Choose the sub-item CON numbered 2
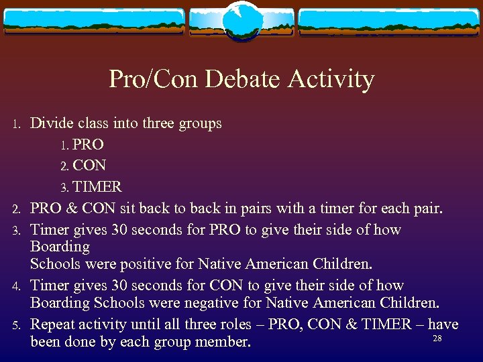(x=89, y=165)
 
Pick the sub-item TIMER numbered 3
(x=97, y=186)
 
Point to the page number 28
(x=437, y=339)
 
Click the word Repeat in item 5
(x=54, y=324)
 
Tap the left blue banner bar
(x=94, y=21)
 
